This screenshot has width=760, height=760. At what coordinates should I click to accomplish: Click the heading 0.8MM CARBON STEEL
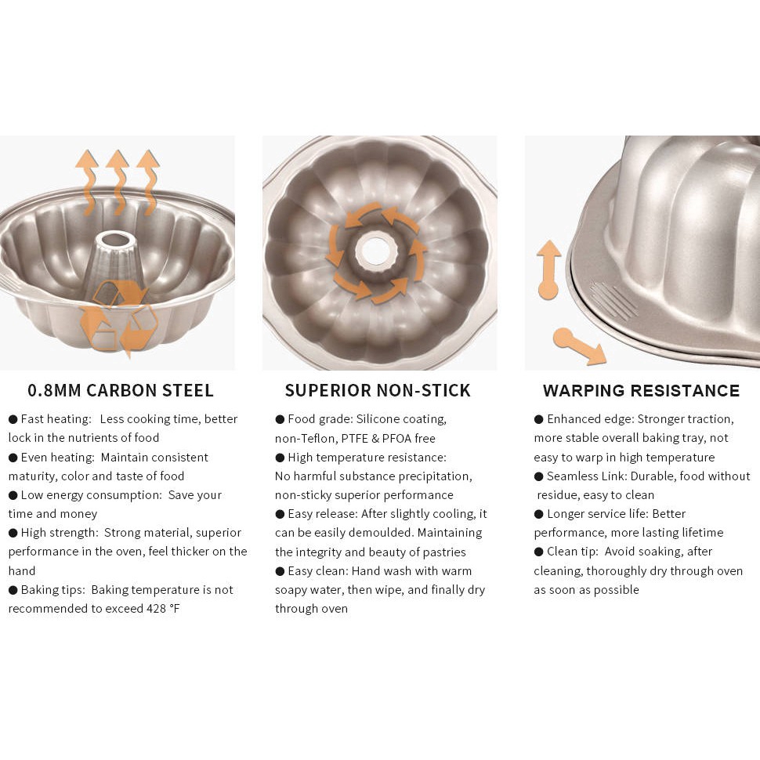tap(121, 390)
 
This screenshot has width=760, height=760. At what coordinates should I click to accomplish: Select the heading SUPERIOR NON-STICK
tap(378, 390)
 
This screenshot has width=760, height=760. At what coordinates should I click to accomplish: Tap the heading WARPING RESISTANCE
tap(641, 390)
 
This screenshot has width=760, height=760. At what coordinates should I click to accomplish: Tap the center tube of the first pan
tap(118, 259)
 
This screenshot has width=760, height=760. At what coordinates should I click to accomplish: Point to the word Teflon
tap(313, 439)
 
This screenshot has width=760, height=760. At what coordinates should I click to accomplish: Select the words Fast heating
tap(56, 419)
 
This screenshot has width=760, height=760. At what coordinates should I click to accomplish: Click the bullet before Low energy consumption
tap(13, 495)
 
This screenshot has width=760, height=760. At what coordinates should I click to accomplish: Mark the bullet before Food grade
tap(280, 419)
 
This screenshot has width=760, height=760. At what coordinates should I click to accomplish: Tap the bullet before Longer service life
tap(538, 514)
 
